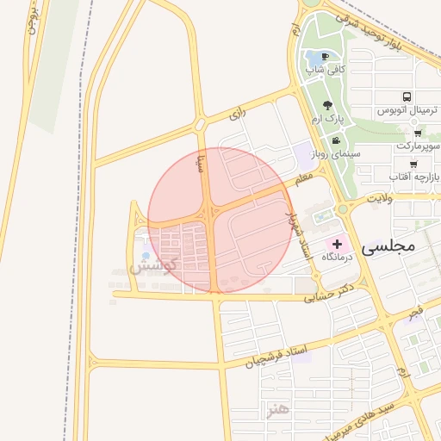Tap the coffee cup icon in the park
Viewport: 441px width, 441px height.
click(325, 56)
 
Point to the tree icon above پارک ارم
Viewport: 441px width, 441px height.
click(327, 104)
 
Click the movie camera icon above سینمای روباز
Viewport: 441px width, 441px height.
click(335, 140)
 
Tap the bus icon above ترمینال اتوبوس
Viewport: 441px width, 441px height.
click(407, 97)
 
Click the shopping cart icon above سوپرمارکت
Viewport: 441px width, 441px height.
click(418, 134)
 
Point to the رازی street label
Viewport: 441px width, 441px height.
click(238, 114)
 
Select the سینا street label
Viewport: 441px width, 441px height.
click(201, 161)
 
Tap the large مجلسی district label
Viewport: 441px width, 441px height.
click(388, 246)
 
